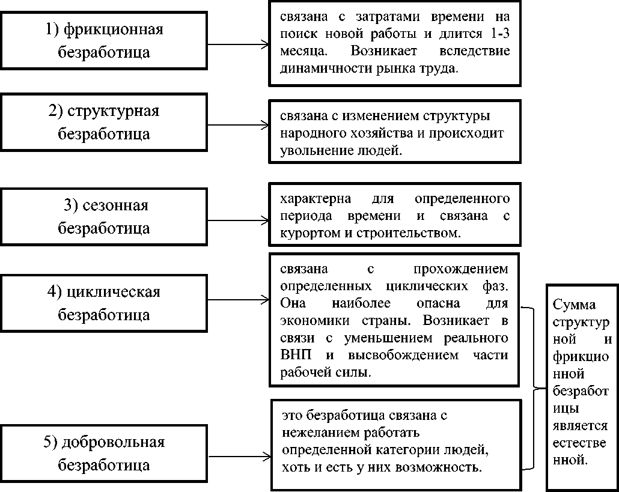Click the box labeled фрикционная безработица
click(x=104, y=40)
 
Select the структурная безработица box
click(x=104, y=123)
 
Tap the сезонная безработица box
click(x=104, y=217)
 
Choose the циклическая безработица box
click(x=104, y=303)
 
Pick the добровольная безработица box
click(x=104, y=454)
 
